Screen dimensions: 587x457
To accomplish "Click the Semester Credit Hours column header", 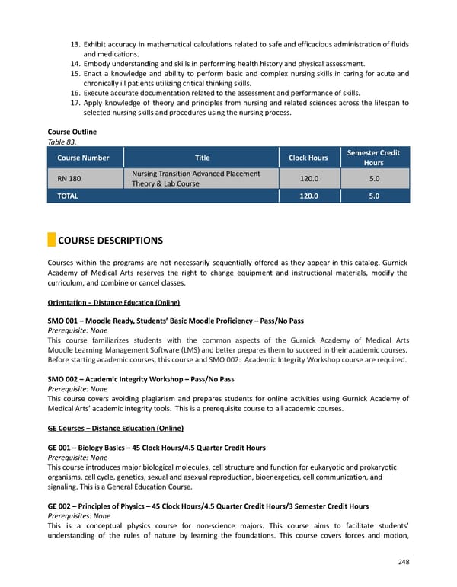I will point(373,158).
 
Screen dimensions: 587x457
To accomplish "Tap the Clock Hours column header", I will point(308,158).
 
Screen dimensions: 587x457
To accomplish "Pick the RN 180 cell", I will point(69,178).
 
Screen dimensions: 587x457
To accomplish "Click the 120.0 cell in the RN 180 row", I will point(308,178).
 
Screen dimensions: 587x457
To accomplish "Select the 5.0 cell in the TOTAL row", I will point(373,196).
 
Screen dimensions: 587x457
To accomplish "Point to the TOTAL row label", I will point(67,196).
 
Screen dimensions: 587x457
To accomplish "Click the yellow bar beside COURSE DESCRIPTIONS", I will point(51,241).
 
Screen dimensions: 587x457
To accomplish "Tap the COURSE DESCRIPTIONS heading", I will point(110,241).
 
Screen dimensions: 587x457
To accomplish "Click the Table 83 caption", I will point(62,141).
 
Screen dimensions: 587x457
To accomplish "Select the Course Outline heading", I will point(72,132).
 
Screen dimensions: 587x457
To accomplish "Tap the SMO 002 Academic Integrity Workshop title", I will point(140,378).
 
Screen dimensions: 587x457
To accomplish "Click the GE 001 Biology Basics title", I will point(156,448).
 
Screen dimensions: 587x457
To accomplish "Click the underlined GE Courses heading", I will point(115,428).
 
